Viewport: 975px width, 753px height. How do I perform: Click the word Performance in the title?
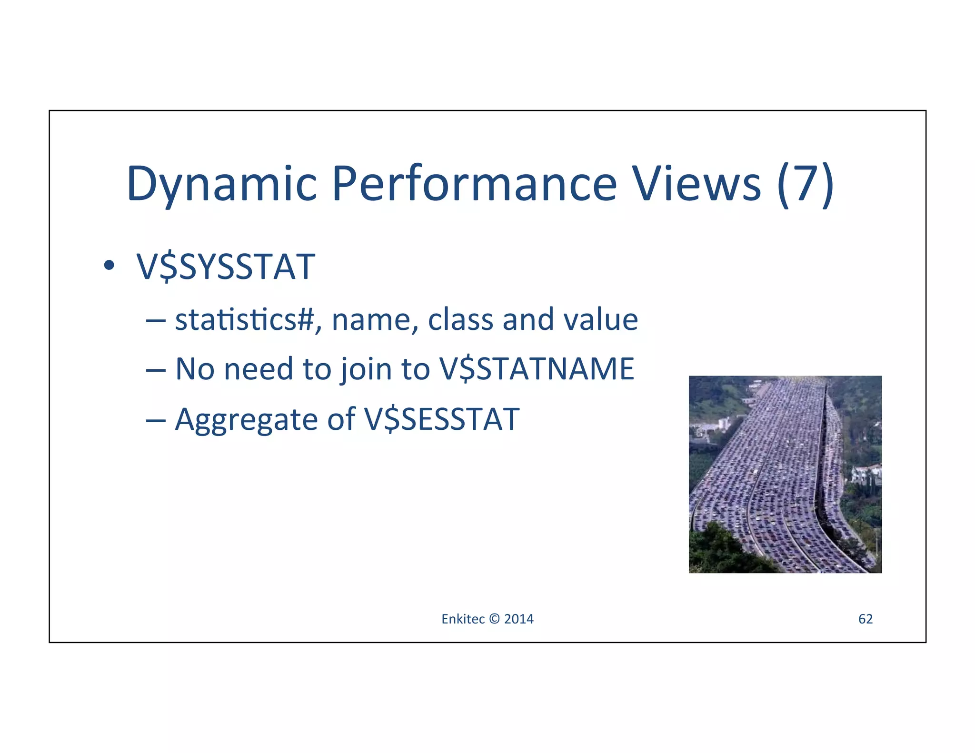pos(474,184)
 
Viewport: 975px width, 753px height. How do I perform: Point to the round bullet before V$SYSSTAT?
pos(109,265)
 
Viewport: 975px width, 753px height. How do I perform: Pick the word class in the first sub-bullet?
pos(460,319)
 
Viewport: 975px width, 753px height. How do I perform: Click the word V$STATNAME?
pos(537,369)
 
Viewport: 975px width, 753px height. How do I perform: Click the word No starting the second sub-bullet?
pos(195,369)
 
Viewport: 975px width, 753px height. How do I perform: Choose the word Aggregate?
pos(246,420)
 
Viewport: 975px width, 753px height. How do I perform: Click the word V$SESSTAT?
pos(441,419)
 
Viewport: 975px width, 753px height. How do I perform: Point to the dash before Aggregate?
pos(156,420)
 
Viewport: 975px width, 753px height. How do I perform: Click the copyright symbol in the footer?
pos(495,619)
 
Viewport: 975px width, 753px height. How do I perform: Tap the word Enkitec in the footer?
pos(463,619)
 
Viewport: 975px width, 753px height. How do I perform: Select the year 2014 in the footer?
pos(519,619)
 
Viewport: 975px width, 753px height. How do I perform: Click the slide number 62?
pos(865,619)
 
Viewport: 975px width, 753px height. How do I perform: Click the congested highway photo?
pos(785,474)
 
